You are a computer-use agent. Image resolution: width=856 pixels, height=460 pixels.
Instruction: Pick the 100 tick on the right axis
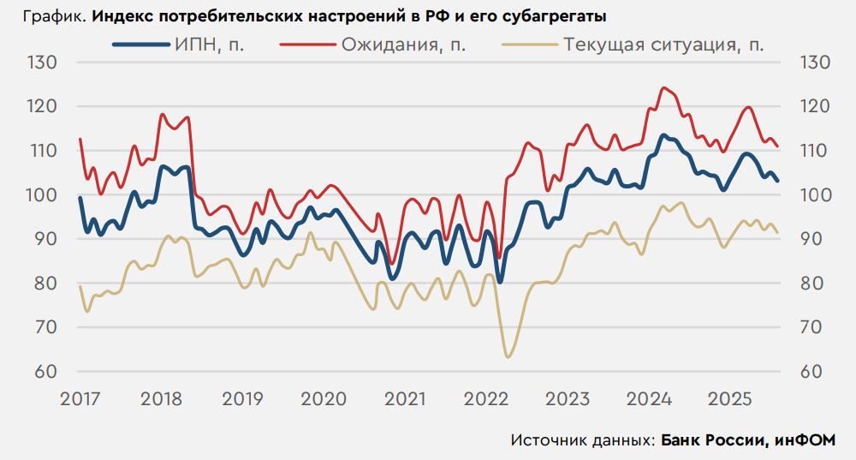(x=814, y=195)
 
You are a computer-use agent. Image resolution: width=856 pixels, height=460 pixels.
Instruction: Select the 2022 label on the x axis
(x=485, y=399)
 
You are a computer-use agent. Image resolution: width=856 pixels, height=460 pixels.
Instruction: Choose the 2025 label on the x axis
(x=730, y=399)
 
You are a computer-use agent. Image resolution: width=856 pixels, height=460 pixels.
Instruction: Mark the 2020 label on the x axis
(x=323, y=399)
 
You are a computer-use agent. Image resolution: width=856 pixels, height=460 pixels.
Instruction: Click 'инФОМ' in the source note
(x=805, y=440)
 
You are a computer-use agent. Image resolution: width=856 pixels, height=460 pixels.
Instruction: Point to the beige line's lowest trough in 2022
(x=508, y=356)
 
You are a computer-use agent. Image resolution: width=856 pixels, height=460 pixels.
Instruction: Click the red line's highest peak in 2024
(x=663, y=87)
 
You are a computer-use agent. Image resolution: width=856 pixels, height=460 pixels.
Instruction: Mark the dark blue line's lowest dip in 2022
(x=499, y=282)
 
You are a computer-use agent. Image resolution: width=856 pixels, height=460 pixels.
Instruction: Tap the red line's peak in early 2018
(x=162, y=114)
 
